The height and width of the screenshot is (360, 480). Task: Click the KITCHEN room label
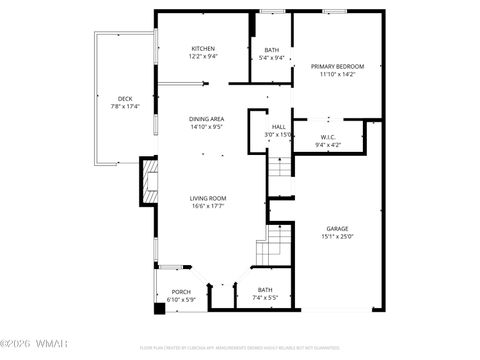coord(204,48)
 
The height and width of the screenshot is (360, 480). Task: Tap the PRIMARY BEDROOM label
coord(337,66)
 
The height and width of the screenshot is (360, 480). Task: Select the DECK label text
coord(125,98)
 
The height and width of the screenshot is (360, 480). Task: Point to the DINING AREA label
coord(206,119)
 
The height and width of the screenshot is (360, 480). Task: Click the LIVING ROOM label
coord(208,198)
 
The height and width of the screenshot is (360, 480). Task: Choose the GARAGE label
coord(337,228)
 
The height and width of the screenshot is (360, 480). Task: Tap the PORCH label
coord(169,293)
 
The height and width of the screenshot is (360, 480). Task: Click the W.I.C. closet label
coord(327,137)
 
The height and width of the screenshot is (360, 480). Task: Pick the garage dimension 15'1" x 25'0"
coord(337,237)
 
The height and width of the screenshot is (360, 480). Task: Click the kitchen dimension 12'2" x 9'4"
coord(204,57)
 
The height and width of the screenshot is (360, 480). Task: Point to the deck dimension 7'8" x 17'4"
coord(125,106)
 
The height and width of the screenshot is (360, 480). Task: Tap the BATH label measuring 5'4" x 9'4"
coord(272,50)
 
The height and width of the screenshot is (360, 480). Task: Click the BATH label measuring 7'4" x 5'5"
coord(265,291)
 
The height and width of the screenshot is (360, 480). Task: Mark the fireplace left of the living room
coord(149,182)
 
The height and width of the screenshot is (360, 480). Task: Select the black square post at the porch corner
coord(159,308)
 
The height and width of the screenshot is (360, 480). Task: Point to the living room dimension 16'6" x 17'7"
coord(208,207)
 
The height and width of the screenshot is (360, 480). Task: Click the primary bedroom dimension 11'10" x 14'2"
coord(337,75)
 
